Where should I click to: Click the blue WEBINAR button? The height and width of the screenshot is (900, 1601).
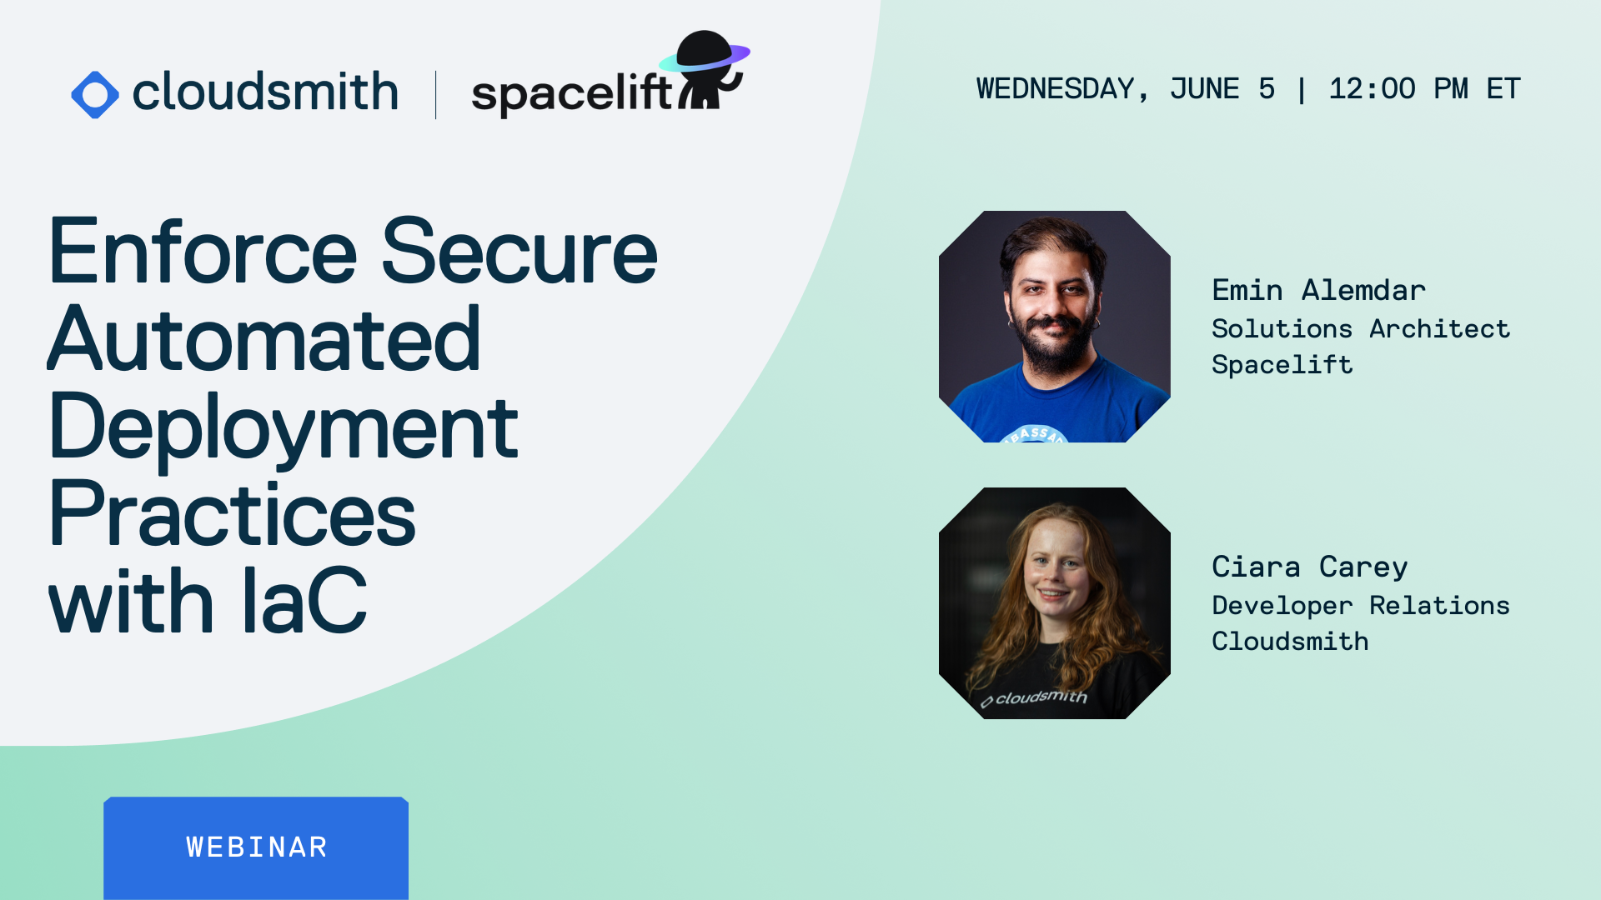pyautogui.click(x=256, y=847)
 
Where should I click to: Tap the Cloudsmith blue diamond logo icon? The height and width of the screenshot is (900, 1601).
pyautogui.click(x=95, y=94)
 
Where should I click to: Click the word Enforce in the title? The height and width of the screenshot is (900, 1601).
pyautogui.click(x=203, y=252)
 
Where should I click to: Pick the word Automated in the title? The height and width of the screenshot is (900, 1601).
pyautogui.click(x=264, y=340)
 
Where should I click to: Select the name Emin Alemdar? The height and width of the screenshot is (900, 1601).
pyautogui.click(x=1318, y=290)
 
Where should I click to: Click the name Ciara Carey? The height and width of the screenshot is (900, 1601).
pyautogui.click(x=1309, y=567)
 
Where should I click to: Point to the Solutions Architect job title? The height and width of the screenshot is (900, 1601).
pyautogui.click(x=1360, y=329)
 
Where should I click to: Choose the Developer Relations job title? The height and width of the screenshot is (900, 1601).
pyautogui.click(x=1360, y=606)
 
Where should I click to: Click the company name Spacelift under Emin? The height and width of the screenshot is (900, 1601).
pyautogui.click(x=1282, y=365)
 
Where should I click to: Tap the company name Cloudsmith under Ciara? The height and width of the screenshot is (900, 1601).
pyautogui.click(x=1290, y=642)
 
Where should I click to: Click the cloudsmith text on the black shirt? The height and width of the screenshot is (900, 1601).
pyautogui.click(x=1040, y=697)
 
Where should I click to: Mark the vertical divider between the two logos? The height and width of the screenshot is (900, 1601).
pyautogui.click(x=435, y=94)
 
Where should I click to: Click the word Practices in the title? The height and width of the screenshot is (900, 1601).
pyautogui.click(x=232, y=515)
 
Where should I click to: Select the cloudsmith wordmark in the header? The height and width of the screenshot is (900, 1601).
pyautogui.click(x=265, y=92)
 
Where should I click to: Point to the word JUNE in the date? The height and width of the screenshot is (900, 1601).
pyautogui.click(x=1204, y=89)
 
